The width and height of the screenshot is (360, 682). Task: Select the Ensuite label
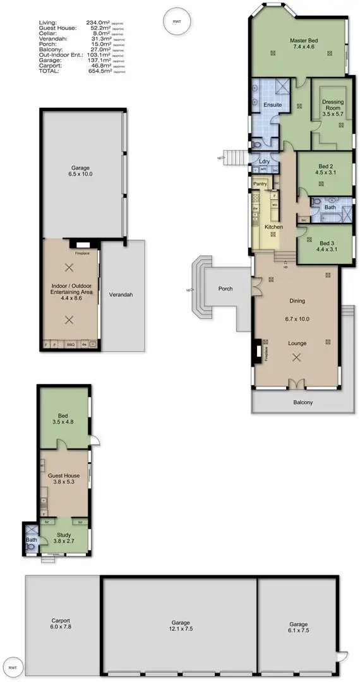click(272, 104)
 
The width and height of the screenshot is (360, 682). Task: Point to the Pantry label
click(260, 184)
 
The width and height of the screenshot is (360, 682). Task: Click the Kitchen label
click(273, 226)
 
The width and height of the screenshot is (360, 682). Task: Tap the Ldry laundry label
click(265, 162)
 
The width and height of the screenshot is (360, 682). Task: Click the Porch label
click(225, 289)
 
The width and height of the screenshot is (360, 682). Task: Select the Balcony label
click(303, 402)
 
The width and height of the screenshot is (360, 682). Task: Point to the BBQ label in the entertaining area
click(71, 344)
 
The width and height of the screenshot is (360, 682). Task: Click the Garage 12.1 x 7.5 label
click(180, 625)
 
